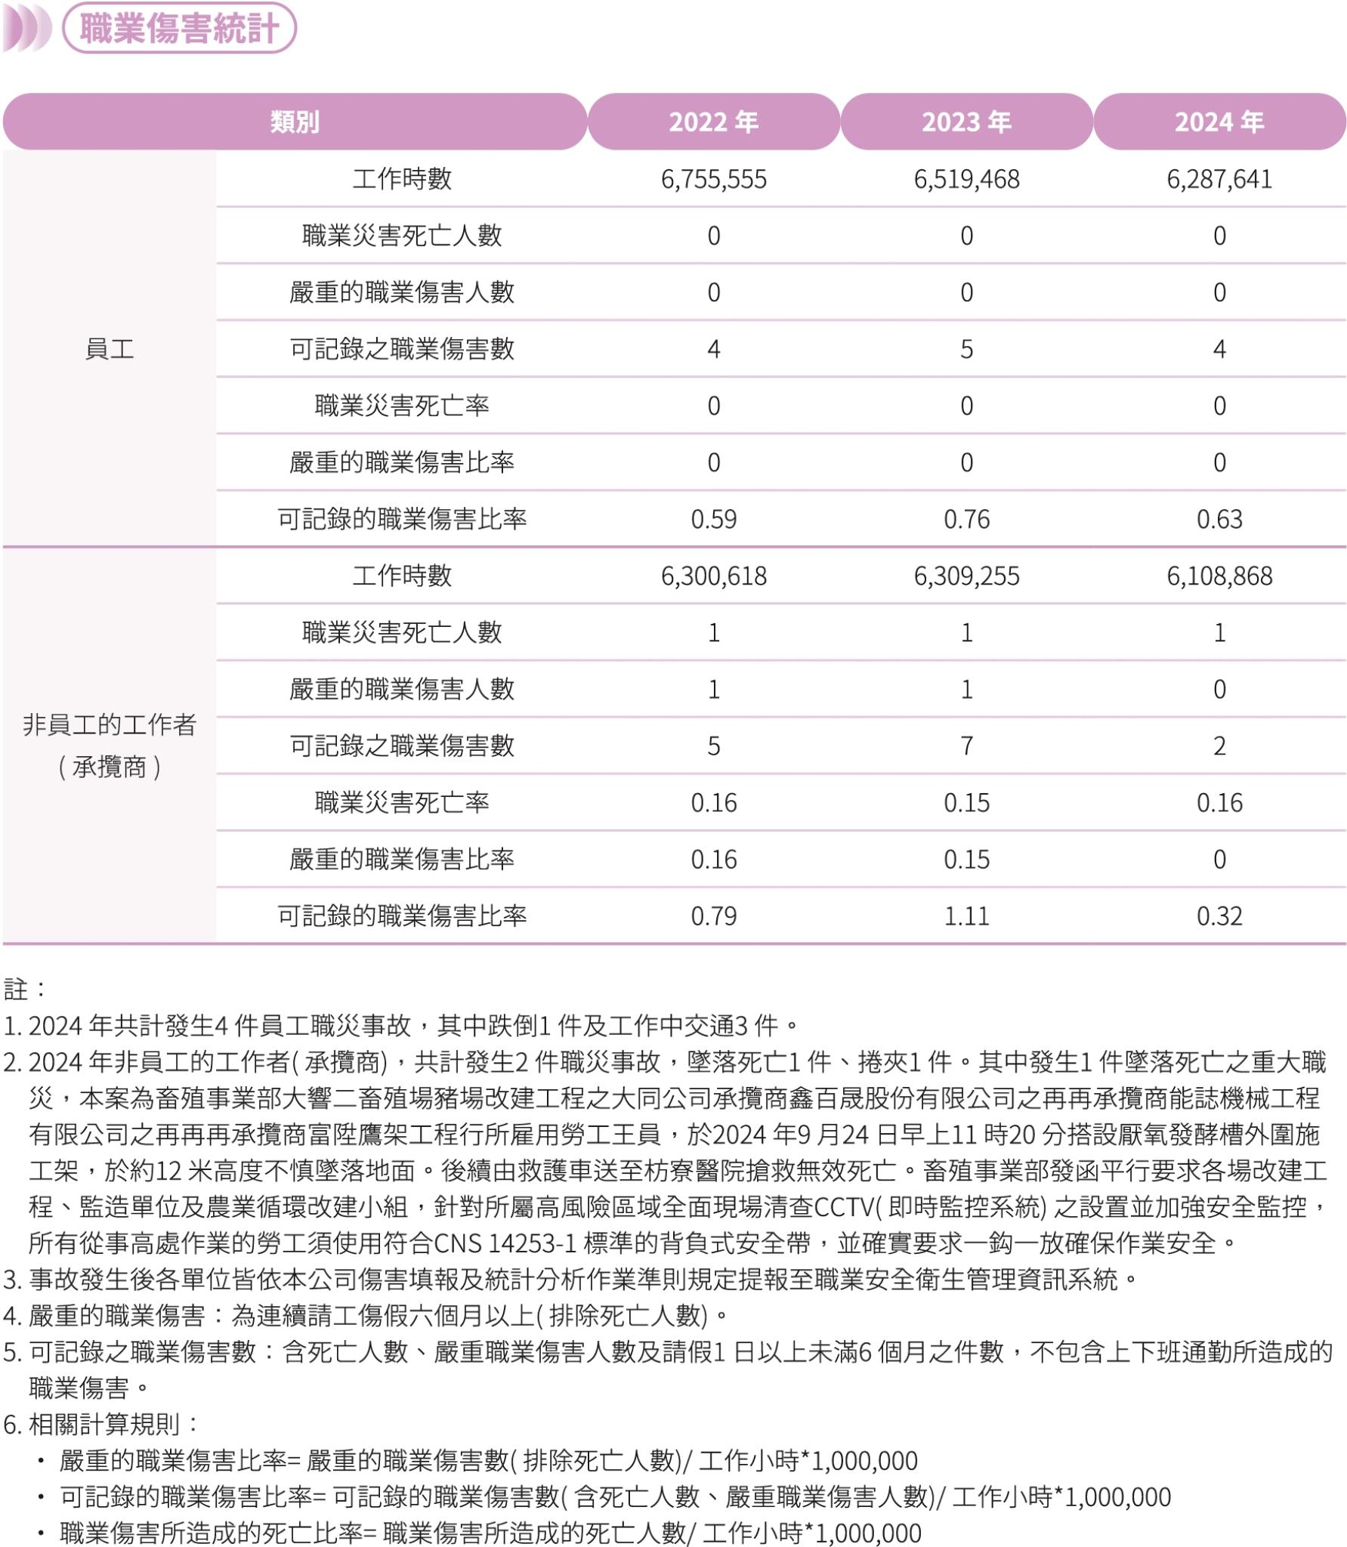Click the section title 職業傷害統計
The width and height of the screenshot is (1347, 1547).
179,29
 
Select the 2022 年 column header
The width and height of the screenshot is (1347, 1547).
713,122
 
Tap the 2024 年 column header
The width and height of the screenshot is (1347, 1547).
1219,122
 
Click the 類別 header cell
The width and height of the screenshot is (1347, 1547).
295,122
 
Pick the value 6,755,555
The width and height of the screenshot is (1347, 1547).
713,179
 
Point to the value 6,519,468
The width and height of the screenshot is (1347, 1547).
966,179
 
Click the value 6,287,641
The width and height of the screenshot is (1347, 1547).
1219,179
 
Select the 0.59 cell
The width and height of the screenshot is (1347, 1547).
713,519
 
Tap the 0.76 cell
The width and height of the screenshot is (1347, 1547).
966,519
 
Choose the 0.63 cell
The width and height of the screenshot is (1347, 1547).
1219,519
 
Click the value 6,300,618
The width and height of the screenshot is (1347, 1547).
713,576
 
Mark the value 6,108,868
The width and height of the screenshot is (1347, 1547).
1219,576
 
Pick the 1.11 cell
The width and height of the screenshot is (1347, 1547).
966,916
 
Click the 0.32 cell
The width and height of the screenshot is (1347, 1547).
1219,916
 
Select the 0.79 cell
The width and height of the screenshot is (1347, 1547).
713,916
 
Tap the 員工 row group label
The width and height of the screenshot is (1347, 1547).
110,349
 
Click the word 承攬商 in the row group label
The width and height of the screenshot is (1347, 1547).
110,767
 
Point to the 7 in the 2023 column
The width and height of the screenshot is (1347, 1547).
966,746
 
